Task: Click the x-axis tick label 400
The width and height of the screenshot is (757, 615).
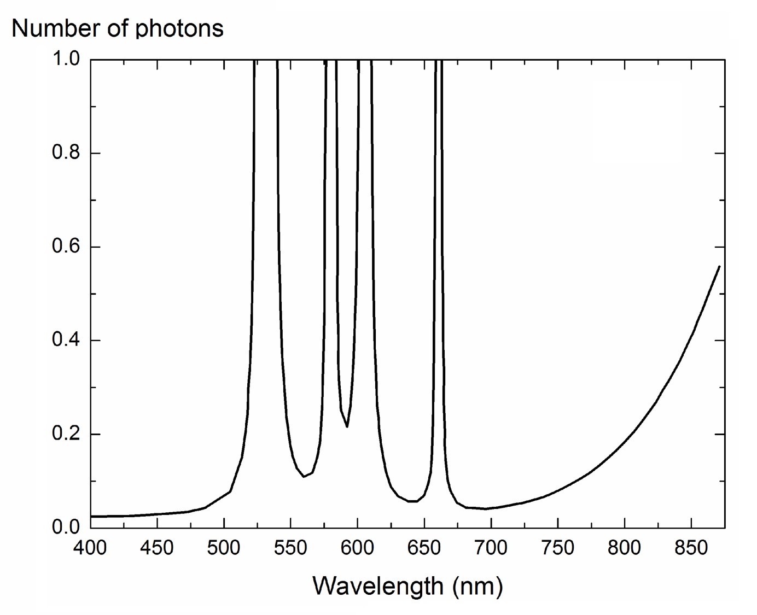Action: click(90, 548)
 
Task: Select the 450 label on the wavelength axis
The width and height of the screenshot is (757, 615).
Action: click(157, 548)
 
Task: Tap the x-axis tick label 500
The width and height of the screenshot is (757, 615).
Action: click(224, 548)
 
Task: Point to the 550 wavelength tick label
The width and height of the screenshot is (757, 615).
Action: click(290, 548)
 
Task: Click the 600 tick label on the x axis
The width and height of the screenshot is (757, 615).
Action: click(357, 548)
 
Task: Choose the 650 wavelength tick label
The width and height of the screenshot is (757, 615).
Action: click(424, 548)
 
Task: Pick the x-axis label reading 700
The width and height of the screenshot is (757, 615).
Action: click(491, 548)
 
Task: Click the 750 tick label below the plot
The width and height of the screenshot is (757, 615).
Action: click(558, 548)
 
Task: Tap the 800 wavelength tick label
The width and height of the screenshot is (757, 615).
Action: click(625, 548)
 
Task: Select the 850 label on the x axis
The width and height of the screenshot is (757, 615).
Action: click(691, 548)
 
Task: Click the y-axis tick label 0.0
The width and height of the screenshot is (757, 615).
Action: click(66, 528)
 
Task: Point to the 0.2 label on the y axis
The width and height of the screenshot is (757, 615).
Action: click(66, 434)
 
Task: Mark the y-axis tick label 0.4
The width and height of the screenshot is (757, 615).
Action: click(66, 340)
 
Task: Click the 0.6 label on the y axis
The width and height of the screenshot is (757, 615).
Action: click(66, 247)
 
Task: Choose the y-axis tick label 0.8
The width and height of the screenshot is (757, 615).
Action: click(66, 153)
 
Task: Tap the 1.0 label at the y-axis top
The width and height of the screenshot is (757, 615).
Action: click(66, 59)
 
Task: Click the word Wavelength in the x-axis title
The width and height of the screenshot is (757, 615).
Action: click(378, 586)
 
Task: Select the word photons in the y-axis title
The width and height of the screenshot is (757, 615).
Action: click(179, 28)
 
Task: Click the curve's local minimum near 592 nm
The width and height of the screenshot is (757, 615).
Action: click(347, 426)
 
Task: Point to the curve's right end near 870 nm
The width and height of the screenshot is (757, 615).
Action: click(719, 266)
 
